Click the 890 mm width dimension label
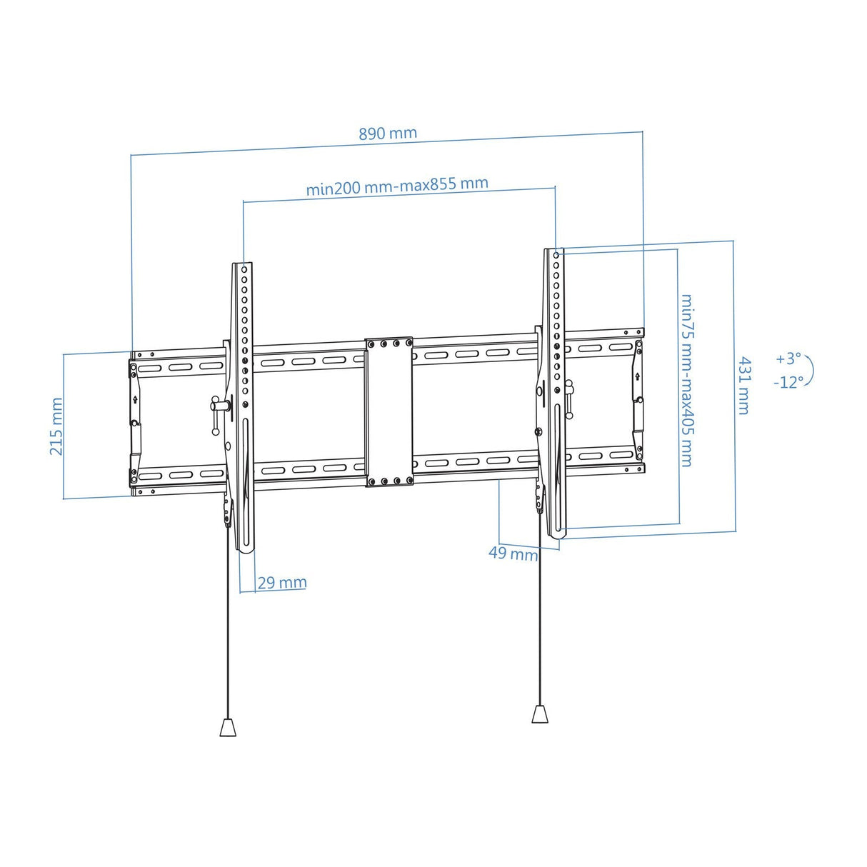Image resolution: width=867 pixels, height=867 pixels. coord(387,134)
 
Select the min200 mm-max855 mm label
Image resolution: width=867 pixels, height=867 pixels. coord(397,186)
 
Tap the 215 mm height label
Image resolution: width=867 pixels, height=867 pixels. coord(56,426)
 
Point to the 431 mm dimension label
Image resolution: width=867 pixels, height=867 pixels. coord(744,386)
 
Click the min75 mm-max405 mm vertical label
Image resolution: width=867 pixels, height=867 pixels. coord(687,380)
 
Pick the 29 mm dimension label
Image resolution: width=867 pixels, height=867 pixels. coord(281,583)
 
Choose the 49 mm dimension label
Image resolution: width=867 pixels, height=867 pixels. coord(513,553)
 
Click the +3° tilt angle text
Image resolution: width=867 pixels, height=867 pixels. coord(788,359)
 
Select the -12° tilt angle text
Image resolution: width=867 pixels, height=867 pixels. coord(788,382)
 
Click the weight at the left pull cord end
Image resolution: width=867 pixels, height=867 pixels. coord(227,727)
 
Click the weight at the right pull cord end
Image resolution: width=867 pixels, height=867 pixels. coord(541,714)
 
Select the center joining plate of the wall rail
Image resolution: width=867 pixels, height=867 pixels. coord(389,412)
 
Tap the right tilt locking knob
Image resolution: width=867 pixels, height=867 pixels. coord(569,396)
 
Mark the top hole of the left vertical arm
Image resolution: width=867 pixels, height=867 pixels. coord(244,270)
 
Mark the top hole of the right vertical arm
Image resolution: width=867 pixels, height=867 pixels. coord(557,254)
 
